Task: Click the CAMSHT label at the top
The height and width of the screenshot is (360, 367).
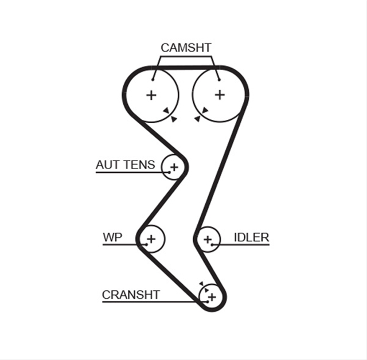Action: coord(186,48)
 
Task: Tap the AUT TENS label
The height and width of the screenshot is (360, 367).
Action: coord(125,165)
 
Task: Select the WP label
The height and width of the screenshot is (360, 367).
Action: coord(112,237)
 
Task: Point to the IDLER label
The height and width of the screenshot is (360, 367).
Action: coord(252,237)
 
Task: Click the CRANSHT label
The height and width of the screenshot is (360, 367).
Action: coord(131,295)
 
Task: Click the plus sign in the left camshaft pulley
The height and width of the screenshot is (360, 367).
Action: coord(151,95)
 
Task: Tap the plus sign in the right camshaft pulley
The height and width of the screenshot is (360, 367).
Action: coord(220,95)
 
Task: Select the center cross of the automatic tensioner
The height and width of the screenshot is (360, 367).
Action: coord(174,167)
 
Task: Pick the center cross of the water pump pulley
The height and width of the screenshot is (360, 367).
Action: coord(151,239)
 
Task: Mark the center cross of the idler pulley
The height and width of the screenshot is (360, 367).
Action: coord(208,239)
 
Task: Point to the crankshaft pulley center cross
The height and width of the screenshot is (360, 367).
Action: coord(212,298)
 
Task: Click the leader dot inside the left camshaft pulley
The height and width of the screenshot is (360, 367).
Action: coord(153,80)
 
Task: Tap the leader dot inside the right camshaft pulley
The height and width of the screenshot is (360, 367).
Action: coord(219,80)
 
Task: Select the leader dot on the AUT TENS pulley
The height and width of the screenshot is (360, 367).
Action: coord(169,173)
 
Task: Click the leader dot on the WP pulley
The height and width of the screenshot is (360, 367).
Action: coord(146,245)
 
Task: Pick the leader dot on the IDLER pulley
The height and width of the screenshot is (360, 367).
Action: coord(212,245)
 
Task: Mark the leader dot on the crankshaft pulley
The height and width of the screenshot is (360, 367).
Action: coord(208,302)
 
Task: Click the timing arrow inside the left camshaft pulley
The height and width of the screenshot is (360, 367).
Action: coord(166,111)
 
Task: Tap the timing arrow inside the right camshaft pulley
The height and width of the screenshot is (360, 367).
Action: coord(205,110)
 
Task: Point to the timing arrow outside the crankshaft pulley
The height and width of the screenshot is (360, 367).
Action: coord(201,284)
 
